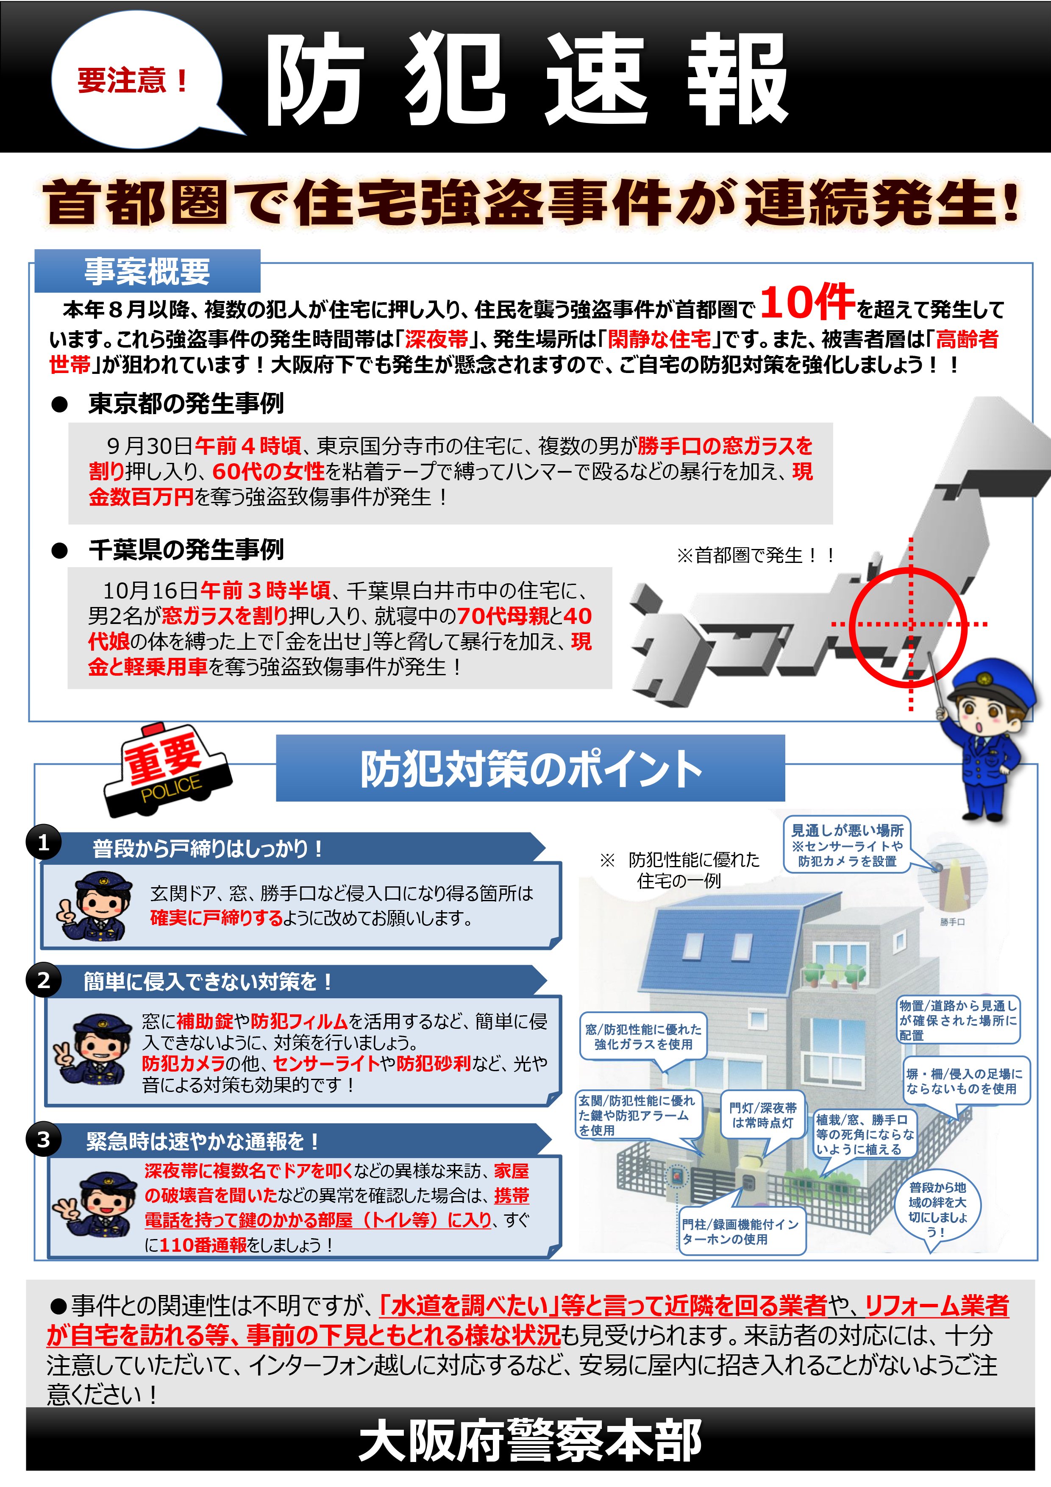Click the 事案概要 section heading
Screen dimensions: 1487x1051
pyautogui.click(x=147, y=271)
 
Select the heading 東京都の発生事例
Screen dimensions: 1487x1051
pyautogui.click(x=186, y=404)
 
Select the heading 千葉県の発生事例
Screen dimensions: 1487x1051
pyautogui.click(x=186, y=550)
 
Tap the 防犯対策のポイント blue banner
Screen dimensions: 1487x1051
pyautogui.click(x=530, y=769)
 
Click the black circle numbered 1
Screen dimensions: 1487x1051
pyautogui.click(x=43, y=843)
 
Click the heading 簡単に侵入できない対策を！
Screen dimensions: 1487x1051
pyautogui.click(x=207, y=982)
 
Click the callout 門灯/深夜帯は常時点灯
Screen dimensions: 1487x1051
pyautogui.click(x=762, y=1115)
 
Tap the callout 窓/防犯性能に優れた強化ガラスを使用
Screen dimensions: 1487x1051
pyautogui.click(x=642, y=1036)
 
